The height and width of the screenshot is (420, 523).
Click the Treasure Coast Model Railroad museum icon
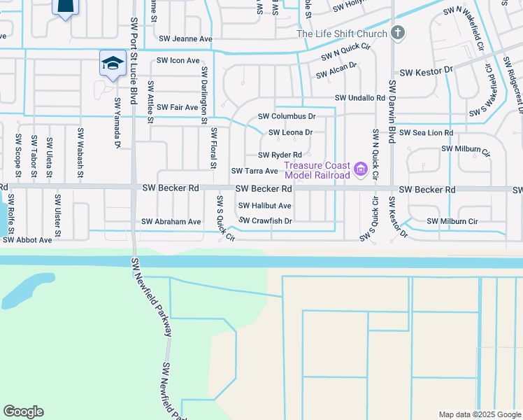[361, 169]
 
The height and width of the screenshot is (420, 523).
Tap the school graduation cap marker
[112, 63]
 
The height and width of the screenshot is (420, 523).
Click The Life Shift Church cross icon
[398, 33]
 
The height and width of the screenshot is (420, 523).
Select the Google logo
[23, 412]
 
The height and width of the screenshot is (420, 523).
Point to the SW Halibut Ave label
[264, 206]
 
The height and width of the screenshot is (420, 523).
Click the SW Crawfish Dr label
[265, 220]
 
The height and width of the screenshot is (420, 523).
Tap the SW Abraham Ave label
[171, 221]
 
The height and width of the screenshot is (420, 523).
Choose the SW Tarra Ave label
[255, 171]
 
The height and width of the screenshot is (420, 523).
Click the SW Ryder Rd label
[280, 155]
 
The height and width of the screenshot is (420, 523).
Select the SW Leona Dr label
[290, 132]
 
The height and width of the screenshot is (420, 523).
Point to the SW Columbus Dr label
[287, 116]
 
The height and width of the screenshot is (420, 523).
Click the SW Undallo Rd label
[360, 98]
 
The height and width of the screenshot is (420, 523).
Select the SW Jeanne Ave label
[185, 39]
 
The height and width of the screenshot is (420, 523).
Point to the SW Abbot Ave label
[27, 239]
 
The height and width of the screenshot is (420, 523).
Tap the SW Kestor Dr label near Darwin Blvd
[425, 71]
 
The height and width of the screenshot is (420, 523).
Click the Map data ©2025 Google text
[479, 414]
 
